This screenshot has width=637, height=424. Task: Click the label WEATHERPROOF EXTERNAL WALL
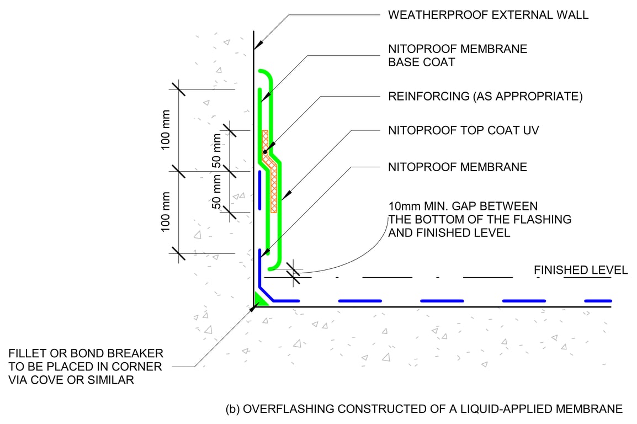[x=489, y=15]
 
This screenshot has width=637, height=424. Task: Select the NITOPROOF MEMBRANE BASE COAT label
[x=458, y=55]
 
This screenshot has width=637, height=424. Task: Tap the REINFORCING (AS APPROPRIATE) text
[x=485, y=97]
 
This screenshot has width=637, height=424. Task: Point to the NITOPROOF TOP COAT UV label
[x=463, y=131]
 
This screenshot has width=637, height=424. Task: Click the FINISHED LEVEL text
[x=581, y=270]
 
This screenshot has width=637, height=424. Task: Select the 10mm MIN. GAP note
[x=479, y=219]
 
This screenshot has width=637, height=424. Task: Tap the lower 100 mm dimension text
[x=166, y=212]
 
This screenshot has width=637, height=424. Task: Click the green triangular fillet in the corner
[x=259, y=299]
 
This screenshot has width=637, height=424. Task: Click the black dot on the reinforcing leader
[x=265, y=152]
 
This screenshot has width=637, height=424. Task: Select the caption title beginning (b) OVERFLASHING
[x=424, y=409]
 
